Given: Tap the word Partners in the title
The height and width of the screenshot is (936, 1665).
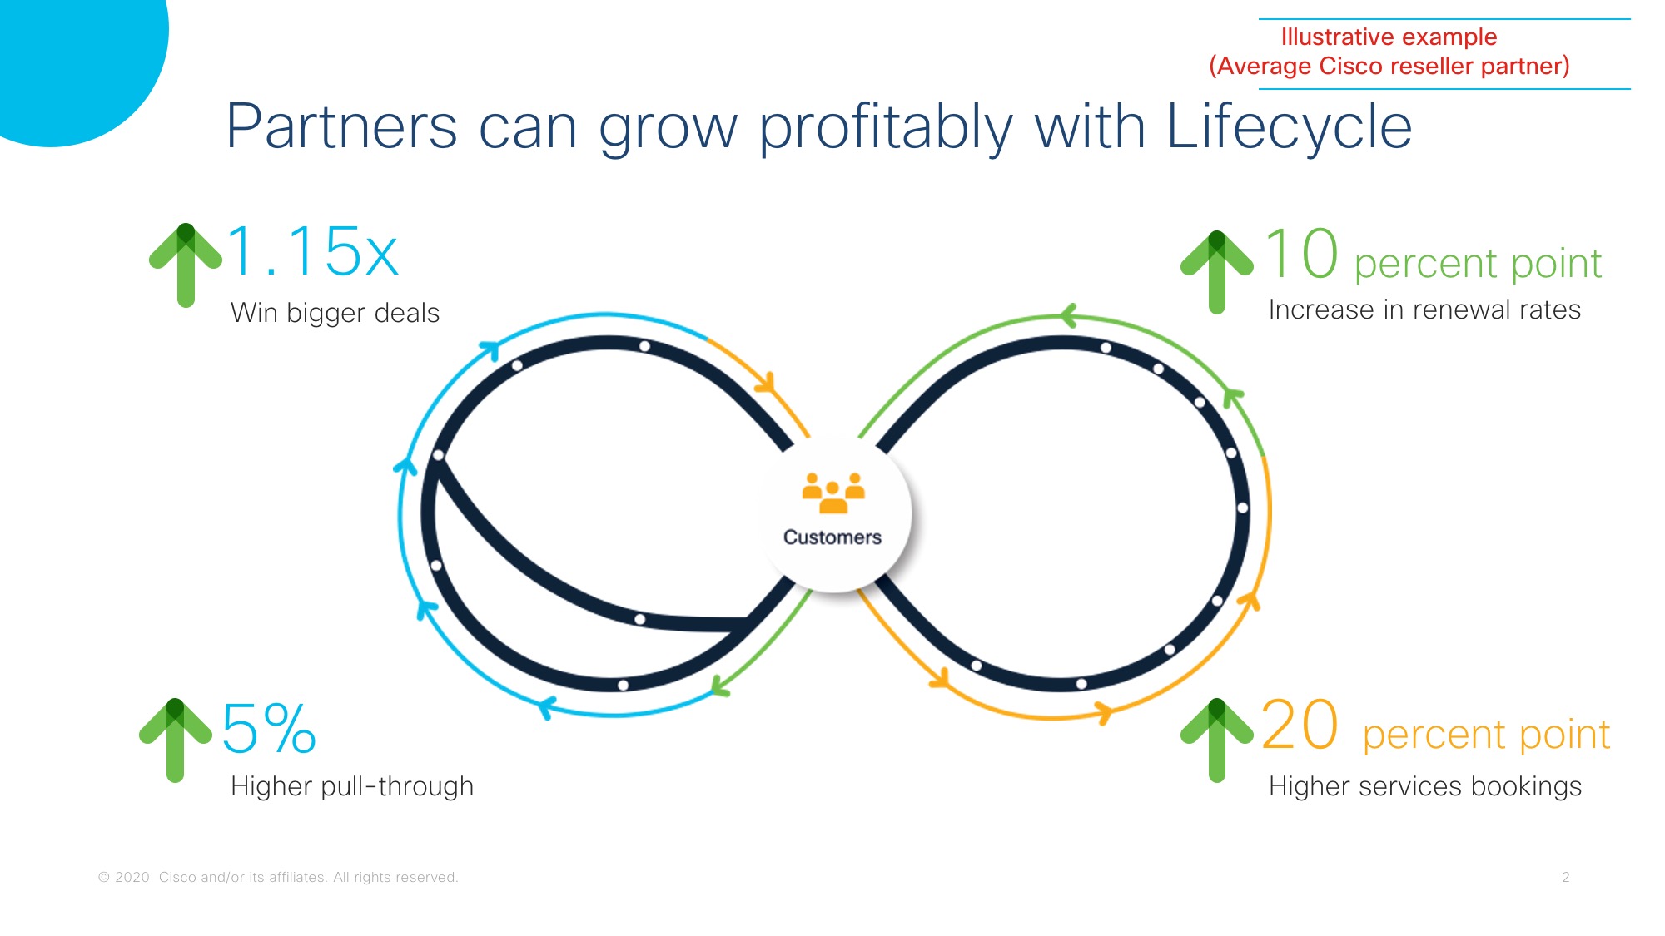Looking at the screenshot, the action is point(341,126).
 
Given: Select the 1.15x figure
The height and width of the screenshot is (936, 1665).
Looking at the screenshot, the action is point(312,251).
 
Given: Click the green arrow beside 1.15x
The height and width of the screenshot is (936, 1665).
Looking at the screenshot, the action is point(186,265).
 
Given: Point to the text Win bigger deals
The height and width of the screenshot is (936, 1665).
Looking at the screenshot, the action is point(335,313).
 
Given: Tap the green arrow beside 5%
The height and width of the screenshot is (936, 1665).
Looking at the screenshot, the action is point(175,740).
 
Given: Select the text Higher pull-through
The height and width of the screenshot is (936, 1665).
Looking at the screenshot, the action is point(352,786).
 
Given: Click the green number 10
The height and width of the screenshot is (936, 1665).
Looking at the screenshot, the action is point(1302,254).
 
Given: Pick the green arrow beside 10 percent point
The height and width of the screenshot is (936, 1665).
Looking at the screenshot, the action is point(1217,272).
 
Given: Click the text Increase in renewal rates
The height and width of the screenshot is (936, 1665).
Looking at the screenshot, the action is point(1424,310).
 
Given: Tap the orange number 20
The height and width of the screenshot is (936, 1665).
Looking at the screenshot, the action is point(1300,725).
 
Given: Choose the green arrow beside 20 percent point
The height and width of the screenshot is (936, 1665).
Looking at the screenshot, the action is point(1217,740).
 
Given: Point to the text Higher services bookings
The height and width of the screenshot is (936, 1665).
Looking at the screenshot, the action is point(1425,786).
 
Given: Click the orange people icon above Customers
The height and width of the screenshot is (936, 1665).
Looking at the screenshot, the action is point(833,493).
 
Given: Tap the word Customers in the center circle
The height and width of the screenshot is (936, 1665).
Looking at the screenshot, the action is point(832,537).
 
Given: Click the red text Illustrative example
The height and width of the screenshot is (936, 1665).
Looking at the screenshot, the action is point(1389,37).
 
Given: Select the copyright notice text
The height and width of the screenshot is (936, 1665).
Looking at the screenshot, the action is point(278,877).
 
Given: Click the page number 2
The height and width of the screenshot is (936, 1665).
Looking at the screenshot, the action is point(1566,877).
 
